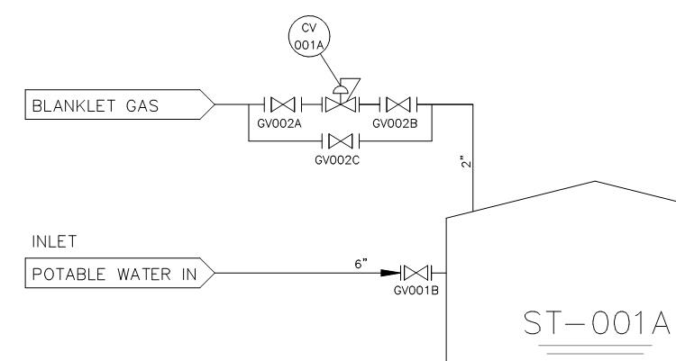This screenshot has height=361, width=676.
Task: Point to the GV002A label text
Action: tap(269, 123)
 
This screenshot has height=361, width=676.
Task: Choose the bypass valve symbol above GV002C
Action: tap(340, 141)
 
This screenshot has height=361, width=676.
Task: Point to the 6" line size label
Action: tap(361, 261)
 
